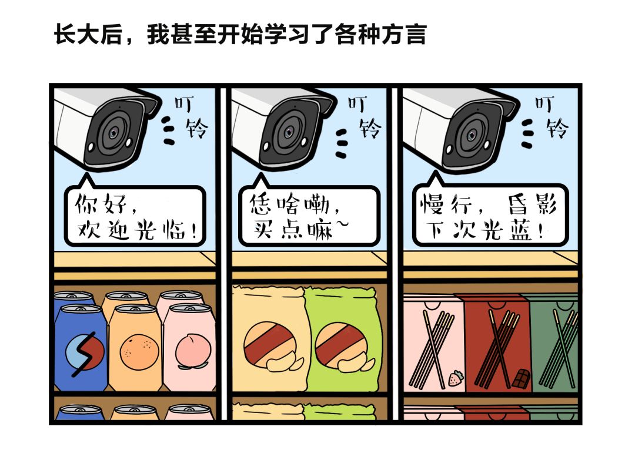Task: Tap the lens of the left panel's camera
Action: (114, 132)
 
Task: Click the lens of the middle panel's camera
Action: (288, 132)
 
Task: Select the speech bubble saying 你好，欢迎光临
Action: (135, 214)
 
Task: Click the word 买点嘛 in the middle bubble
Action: (293, 230)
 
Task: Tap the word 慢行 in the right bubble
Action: (446, 204)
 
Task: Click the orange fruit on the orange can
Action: (139, 351)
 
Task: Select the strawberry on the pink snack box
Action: (456, 378)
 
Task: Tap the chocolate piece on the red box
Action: (522, 379)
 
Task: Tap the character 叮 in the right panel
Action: (544, 103)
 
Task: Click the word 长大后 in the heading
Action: (89, 34)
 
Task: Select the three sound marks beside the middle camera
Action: (342, 143)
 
